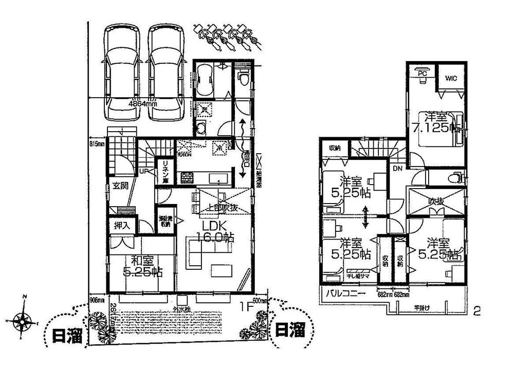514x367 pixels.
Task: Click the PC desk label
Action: click(422, 74)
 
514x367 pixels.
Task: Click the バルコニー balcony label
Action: click(346, 295)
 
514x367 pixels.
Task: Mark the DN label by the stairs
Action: click(397, 168)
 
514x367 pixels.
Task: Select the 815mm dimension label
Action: click(97, 144)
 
